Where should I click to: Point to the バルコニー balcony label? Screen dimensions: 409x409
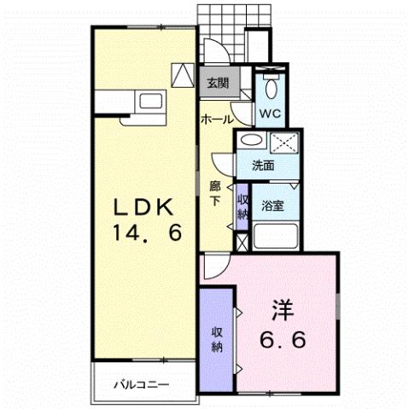(143, 384)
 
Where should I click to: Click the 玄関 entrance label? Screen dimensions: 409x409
(217, 83)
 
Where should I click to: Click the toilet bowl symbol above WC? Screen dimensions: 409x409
(272, 86)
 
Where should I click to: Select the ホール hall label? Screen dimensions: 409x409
(218, 120)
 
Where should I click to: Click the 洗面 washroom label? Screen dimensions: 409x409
(262, 166)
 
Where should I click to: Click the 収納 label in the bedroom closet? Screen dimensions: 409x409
(216, 340)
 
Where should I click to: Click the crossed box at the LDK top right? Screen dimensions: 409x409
(184, 75)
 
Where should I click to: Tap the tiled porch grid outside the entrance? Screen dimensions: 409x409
(217, 19)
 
